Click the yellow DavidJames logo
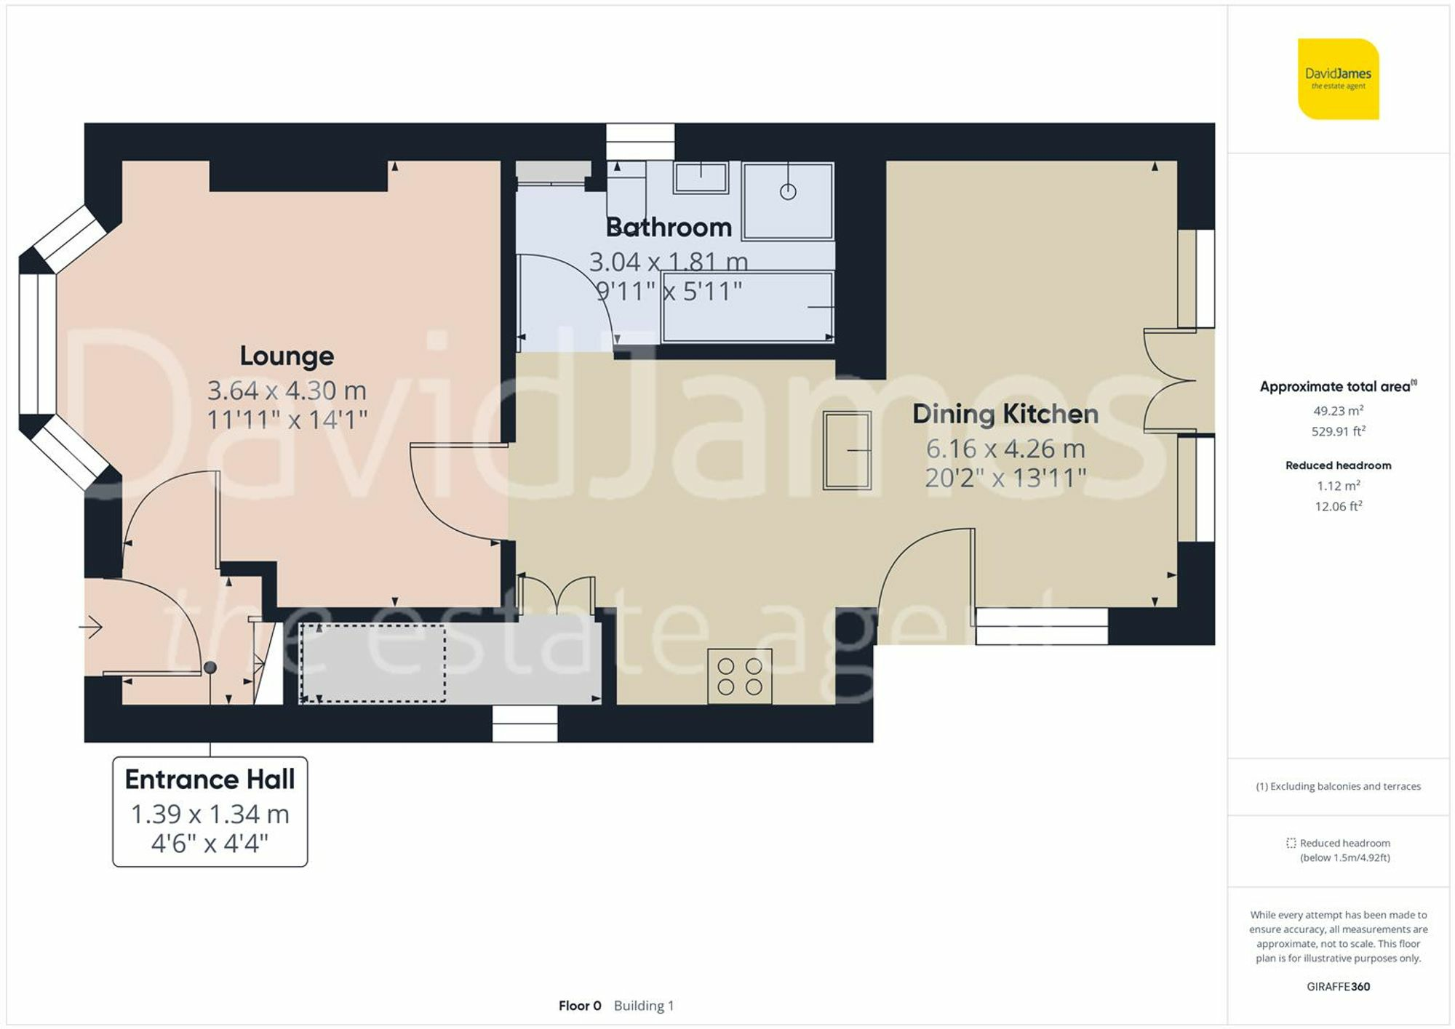point(1338,79)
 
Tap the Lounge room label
point(287,356)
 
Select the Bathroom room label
point(669,228)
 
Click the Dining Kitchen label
point(1005,414)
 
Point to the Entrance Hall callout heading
point(210,779)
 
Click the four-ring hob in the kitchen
point(739,676)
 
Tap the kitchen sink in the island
point(847,450)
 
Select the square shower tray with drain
point(788,201)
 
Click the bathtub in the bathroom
point(747,307)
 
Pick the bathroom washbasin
point(701,177)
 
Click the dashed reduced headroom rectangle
point(372,663)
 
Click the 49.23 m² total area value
point(1338,411)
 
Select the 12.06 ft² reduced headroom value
point(1338,506)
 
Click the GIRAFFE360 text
point(1338,987)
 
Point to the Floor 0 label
point(580,1006)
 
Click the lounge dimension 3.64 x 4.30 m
point(287,391)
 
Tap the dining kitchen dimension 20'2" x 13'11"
point(1005,478)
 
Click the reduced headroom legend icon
point(1291,844)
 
